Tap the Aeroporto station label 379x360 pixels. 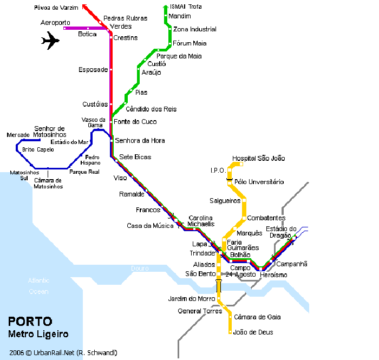[x=55, y=23]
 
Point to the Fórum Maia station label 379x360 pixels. [x=190, y=43]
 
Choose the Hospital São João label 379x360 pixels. [x=258, y=159]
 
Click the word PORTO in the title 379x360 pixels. [x=30, y=321]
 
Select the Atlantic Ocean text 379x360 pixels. [x=38, y=286]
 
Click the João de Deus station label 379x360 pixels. [x=253, y=332]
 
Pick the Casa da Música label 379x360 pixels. [x=150, y=226]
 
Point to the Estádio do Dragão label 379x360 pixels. [x=281, y=232]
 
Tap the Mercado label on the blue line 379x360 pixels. [x=18, y=135]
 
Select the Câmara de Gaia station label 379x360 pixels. [x=257, y=317]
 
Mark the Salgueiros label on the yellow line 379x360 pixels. [x=225, y=201]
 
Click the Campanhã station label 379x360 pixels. [x=292, y=264]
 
